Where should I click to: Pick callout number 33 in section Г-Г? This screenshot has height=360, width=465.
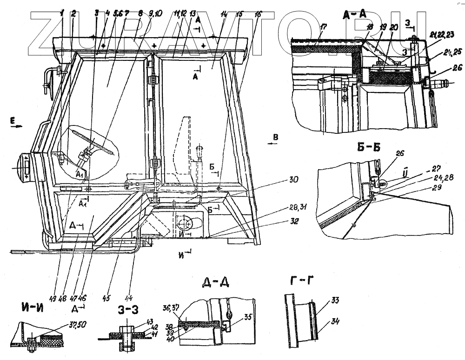[335, 301]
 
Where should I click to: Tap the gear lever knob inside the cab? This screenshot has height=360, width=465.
[200, 150]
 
